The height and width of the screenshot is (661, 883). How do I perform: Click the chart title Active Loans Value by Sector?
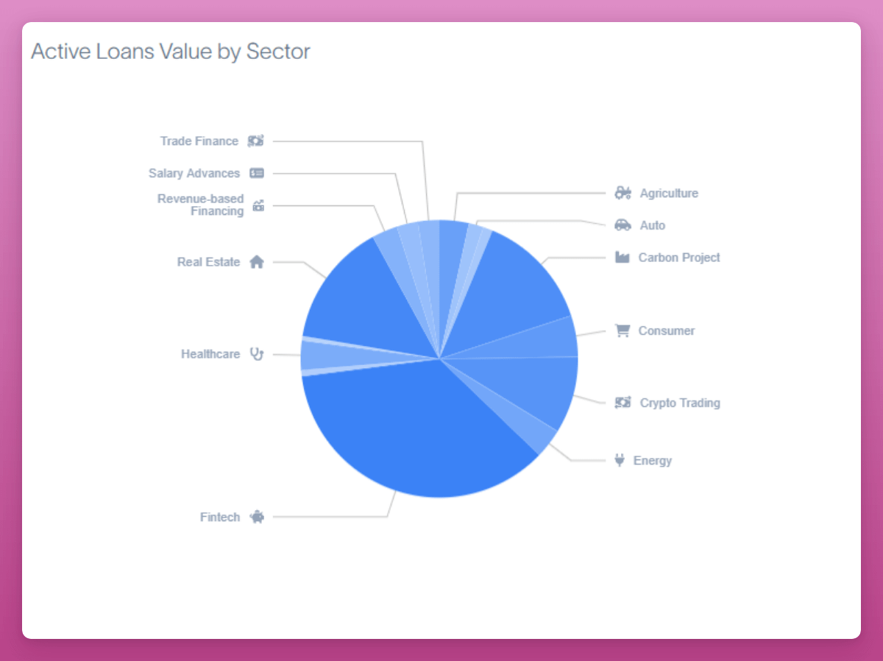171,52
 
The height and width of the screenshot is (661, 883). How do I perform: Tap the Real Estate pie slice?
368,294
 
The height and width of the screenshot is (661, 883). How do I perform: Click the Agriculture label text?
669,194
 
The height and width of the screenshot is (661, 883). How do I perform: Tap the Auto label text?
653,225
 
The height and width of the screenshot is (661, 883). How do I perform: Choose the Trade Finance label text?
199,141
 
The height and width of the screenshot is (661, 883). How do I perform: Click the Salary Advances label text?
194,173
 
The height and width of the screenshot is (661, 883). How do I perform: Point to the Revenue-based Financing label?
201,205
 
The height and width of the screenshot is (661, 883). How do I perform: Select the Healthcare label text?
210,354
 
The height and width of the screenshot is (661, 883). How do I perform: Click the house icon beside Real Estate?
256,262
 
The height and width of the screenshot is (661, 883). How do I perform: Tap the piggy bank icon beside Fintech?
256,517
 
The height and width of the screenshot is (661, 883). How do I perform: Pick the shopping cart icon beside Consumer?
623,330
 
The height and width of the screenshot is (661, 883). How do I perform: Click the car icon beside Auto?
623,225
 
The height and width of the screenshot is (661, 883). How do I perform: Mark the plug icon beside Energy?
620,460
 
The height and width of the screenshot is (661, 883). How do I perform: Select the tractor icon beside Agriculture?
623,194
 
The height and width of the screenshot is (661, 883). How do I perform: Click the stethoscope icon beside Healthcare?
256,354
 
